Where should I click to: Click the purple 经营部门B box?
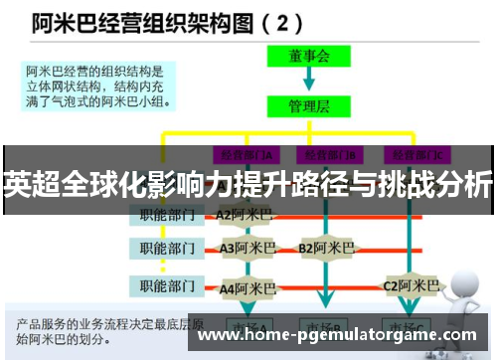click(334, 154)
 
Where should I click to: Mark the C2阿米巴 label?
click(410, 285)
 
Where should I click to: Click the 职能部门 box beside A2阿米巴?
click(168, 213)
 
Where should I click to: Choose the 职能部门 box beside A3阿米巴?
click(168, 248)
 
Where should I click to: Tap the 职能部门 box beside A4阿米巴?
click(168, 286)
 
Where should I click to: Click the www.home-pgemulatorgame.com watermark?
click(338, 335)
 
